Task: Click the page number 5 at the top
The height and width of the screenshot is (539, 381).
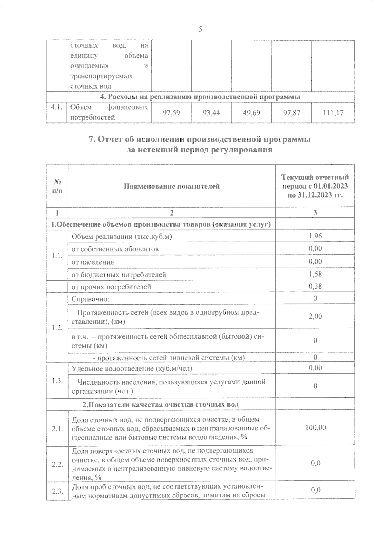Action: pos(200,30)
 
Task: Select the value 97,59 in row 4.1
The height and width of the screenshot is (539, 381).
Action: pos(171,112)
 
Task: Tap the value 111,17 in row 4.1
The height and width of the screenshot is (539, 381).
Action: pos(333,112)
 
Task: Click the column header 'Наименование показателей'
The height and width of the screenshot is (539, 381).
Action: pos(172,186)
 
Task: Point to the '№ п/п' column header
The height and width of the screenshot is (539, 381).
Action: pos(57,187)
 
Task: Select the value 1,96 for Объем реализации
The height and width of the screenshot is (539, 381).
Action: pos(315,236)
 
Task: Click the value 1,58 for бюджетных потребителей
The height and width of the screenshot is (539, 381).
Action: pos(315,274)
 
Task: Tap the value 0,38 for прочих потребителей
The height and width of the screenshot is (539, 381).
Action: pos(315,286)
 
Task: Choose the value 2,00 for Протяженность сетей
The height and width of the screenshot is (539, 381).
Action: pos(315,316)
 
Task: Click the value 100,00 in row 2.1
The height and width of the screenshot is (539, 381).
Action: pos(315,428)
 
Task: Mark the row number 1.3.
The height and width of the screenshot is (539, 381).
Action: pos(57,381)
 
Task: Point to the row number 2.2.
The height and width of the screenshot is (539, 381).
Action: pos(57,464)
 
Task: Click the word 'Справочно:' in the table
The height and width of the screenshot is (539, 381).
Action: pos(90,299)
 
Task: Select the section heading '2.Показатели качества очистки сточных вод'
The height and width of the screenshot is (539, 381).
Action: pos(161,405)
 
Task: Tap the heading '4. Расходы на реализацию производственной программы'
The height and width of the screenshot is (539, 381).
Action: pos(200,97)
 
